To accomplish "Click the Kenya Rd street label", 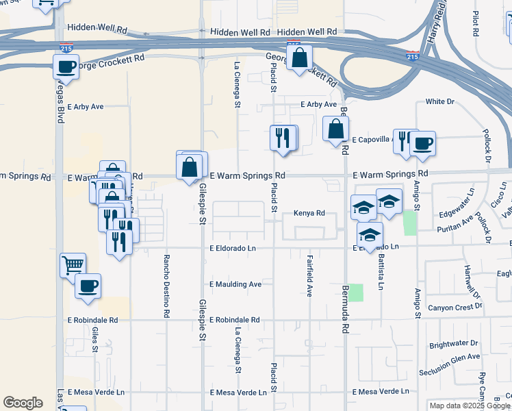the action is pyautogui.click(x=309, y=213).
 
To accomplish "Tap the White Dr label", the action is pyautogui.click(x=439, y=101).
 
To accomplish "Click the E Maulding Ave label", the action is pyautogui.click(x=235, y=284).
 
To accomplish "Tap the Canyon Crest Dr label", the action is pyautogui.click(x=455, y=308).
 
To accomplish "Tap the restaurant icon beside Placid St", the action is pyautogui.click(x=283, y=138).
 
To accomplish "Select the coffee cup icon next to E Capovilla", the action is pyautogui.click(x=422, y=144).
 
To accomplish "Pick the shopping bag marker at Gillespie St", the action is pyautogui.click(x=190, y=166).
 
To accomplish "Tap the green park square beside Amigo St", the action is pyautogui.click(x=409, y=223).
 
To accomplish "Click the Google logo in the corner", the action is pyautogui.click(x=23, y=403).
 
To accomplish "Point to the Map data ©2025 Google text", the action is pyautogui.click(x=470, y=406).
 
